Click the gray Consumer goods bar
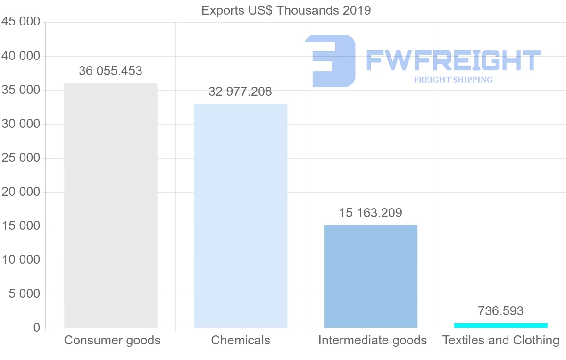pyautogui.click(x=110, y=205)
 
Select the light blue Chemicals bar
pyautogui.click(x=241, y=216)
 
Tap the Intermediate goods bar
pyautogui.click(x=371, y=276)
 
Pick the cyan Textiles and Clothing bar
pyautogui.click(x=501, y=326)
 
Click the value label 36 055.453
pyautogui.click(x=110, y=71)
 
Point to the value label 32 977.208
pyautogui.click(x=241, y=92)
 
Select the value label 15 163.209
pyautogui.click(x=371, y=213)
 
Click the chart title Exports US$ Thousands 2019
pyautogui.click(x=286, y=10)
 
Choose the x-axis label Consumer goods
pyautogui.click(x=112, y=341)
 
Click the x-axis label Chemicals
pyautogui.click(x=241, y=341)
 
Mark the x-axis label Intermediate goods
pyautogui.click(x=372, y=341)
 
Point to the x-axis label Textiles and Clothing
pyautogui.click(x=501, y=341)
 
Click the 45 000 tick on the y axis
pyautogui.click(x=20, y=22)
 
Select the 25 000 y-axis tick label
pyautogui.click(x=20, y=158)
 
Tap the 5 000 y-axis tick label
pyautogui.click(x=25, y=294)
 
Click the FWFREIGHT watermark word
pyautogui.click(x=453, y=61)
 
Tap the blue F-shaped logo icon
pyautogui.click(x=330, y=61)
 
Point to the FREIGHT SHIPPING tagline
pyautogui.click(x=453, y=80)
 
